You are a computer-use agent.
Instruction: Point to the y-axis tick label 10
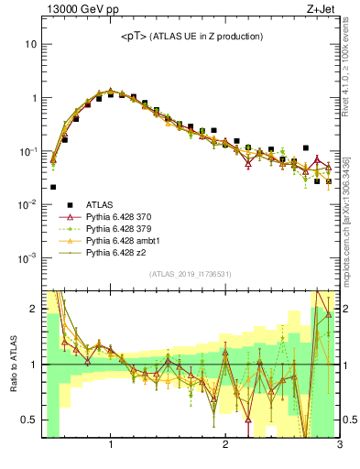point(30,44)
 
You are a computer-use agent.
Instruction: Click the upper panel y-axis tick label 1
point(33,98)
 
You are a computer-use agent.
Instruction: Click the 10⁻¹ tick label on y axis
point(27,150)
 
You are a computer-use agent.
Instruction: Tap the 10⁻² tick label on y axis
point(27,203)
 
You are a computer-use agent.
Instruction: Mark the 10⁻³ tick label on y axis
point(27,257)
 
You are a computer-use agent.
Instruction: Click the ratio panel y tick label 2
point(33,309)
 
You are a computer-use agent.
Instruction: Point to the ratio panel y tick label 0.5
point(29,420)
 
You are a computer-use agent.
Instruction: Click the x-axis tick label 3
point(339,446)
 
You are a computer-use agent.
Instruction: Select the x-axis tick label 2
point(225,446)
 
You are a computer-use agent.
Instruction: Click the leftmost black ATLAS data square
point(53,187)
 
